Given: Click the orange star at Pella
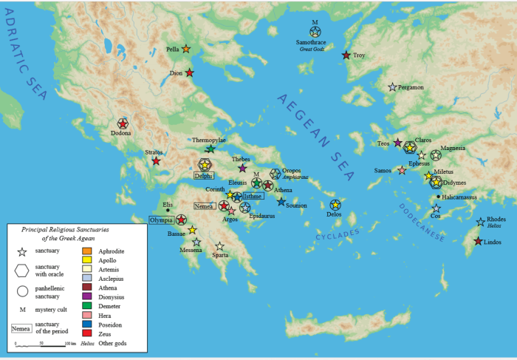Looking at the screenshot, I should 186,50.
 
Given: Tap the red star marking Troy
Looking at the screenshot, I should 346,55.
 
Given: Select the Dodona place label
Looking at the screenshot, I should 122,133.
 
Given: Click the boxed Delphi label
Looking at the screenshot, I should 203,176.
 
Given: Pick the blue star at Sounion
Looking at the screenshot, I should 281,201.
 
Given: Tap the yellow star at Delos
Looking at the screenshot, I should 335,205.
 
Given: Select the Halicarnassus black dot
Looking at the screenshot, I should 439,197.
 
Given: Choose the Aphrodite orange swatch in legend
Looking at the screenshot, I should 86,251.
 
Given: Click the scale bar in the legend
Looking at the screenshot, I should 42,345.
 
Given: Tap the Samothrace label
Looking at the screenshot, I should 315,42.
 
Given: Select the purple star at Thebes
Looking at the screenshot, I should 242,168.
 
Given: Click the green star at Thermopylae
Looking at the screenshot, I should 210,149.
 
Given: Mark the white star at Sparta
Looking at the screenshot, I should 219,246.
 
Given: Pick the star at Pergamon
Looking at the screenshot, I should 392,87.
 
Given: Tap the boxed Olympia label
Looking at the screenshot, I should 162,220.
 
